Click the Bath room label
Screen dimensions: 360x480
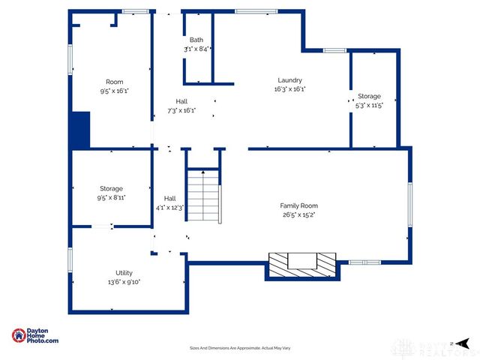click(x=196, y=40)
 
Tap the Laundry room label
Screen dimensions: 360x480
click(x=289, y=80)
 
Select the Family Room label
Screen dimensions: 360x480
click(x=299, y=205)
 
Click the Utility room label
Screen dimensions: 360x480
click(x=124, y=274)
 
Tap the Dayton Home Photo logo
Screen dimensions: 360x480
click(x=35, y=336)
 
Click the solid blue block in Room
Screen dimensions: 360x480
click(x=79, y=130)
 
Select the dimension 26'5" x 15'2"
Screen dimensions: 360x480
click(x=299, y=214)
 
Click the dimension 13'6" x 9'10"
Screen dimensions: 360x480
click(x=124, y=283)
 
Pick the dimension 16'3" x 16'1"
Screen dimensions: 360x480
click(x=289, y=89)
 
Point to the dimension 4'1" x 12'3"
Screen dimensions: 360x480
click(x=170, y=207)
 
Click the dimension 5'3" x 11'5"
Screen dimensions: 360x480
click(x=369, y=106)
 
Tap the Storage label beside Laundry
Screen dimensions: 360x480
click(x=369, y=97)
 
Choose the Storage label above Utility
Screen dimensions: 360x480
click(x=111, y=188)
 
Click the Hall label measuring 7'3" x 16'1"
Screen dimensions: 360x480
click(x=182, y=101)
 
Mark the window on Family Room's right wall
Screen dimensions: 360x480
click(x=409, y=203)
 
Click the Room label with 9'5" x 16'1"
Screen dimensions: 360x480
click(x=114, y=82)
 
